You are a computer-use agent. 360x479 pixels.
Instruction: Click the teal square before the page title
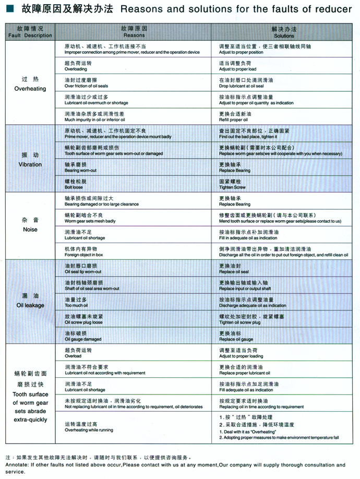9,9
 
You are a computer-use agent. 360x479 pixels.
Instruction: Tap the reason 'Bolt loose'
74,187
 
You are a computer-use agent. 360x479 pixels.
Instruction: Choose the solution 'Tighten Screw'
233,187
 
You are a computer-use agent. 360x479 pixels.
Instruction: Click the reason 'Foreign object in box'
84,255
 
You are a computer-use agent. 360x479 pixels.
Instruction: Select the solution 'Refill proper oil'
234,120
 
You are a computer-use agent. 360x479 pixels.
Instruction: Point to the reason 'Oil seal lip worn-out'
83,272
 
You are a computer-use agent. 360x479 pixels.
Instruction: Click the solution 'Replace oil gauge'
236,339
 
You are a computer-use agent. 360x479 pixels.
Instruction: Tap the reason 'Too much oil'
76,305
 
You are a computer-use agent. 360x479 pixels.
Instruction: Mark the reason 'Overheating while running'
89,430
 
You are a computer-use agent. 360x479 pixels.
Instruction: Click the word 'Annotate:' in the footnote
17,464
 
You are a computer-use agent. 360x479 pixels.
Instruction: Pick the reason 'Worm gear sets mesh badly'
90,221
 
